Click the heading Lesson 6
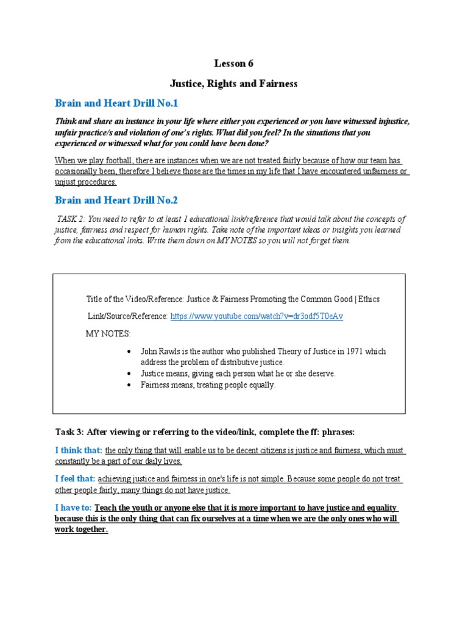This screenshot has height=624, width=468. pyautogui.click(x=233, y=63)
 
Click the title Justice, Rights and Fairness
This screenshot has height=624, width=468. pyautogui.click(x=233, y=83)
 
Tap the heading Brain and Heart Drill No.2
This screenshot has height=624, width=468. pyautogui.click(x=117, y=200)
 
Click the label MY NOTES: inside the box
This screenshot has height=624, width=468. pyautogui.click(x=108, y=334)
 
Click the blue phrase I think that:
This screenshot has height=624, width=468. pyautogui.click(x=79, y=450)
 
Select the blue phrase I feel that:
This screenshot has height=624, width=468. pyautogui.click(x=76, y=479)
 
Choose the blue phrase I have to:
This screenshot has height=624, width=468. pyautogui.click(x=73, y=508)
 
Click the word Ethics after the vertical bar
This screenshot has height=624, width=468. pyautogui.click(x=368, y=299)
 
